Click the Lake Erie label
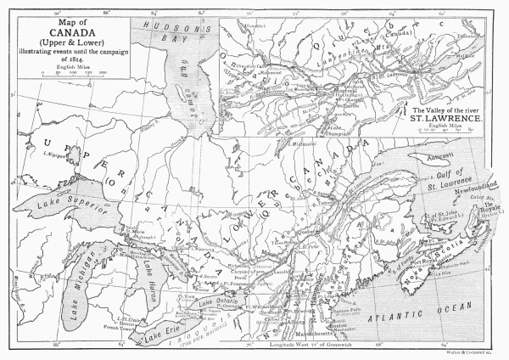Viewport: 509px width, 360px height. [x=161, y=328]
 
